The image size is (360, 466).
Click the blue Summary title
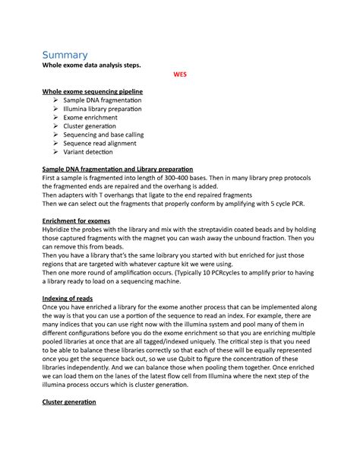coord(65,55)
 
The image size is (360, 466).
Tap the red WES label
coord(180,75)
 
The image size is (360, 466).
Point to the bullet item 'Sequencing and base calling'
coord(103,135)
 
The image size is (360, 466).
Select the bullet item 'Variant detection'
coord(90,152)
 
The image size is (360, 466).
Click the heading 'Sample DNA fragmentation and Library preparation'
coord(118,169)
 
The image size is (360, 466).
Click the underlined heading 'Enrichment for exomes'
coord(76,220)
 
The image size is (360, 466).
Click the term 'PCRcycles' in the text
coord(212,271)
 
